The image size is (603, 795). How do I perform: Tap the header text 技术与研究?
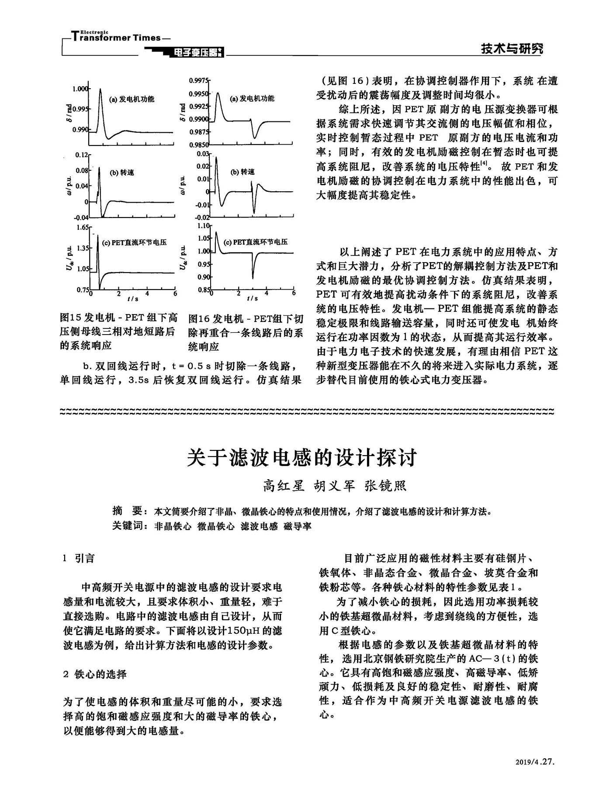[512, 49]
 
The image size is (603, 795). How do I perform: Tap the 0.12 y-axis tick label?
[82, 155]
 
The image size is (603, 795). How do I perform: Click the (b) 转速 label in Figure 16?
[243, 172]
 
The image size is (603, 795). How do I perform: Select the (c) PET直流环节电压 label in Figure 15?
[134, 242]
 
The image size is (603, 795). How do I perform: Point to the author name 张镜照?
[385, 486]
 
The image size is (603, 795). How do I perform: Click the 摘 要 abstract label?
[127, 511]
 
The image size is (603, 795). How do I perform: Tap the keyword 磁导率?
[298, 526]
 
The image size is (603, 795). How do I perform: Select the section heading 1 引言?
[79, 559]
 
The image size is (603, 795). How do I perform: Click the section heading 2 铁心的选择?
[95, 674]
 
